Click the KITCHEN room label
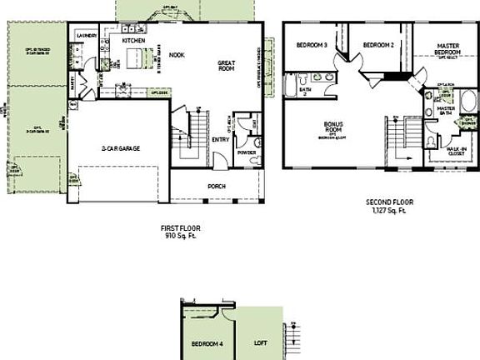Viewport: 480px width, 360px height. click(x=134, y=40)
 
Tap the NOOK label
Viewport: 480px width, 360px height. click(x=177, y=56)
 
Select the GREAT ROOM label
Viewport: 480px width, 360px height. click(x=230, y=67)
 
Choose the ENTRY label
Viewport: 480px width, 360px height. click(x=221, y=140)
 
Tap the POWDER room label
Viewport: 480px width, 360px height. click(x=246, y=152)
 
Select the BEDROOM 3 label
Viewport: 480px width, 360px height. click(x=307, y=43)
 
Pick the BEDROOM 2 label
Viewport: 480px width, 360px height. click(x=378, y=43)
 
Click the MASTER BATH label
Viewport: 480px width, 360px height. click(x=446, y=110)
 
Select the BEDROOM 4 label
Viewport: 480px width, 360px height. click(x=207, y=344)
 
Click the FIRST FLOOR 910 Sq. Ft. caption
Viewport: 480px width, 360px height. click(x=180, y=232)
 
